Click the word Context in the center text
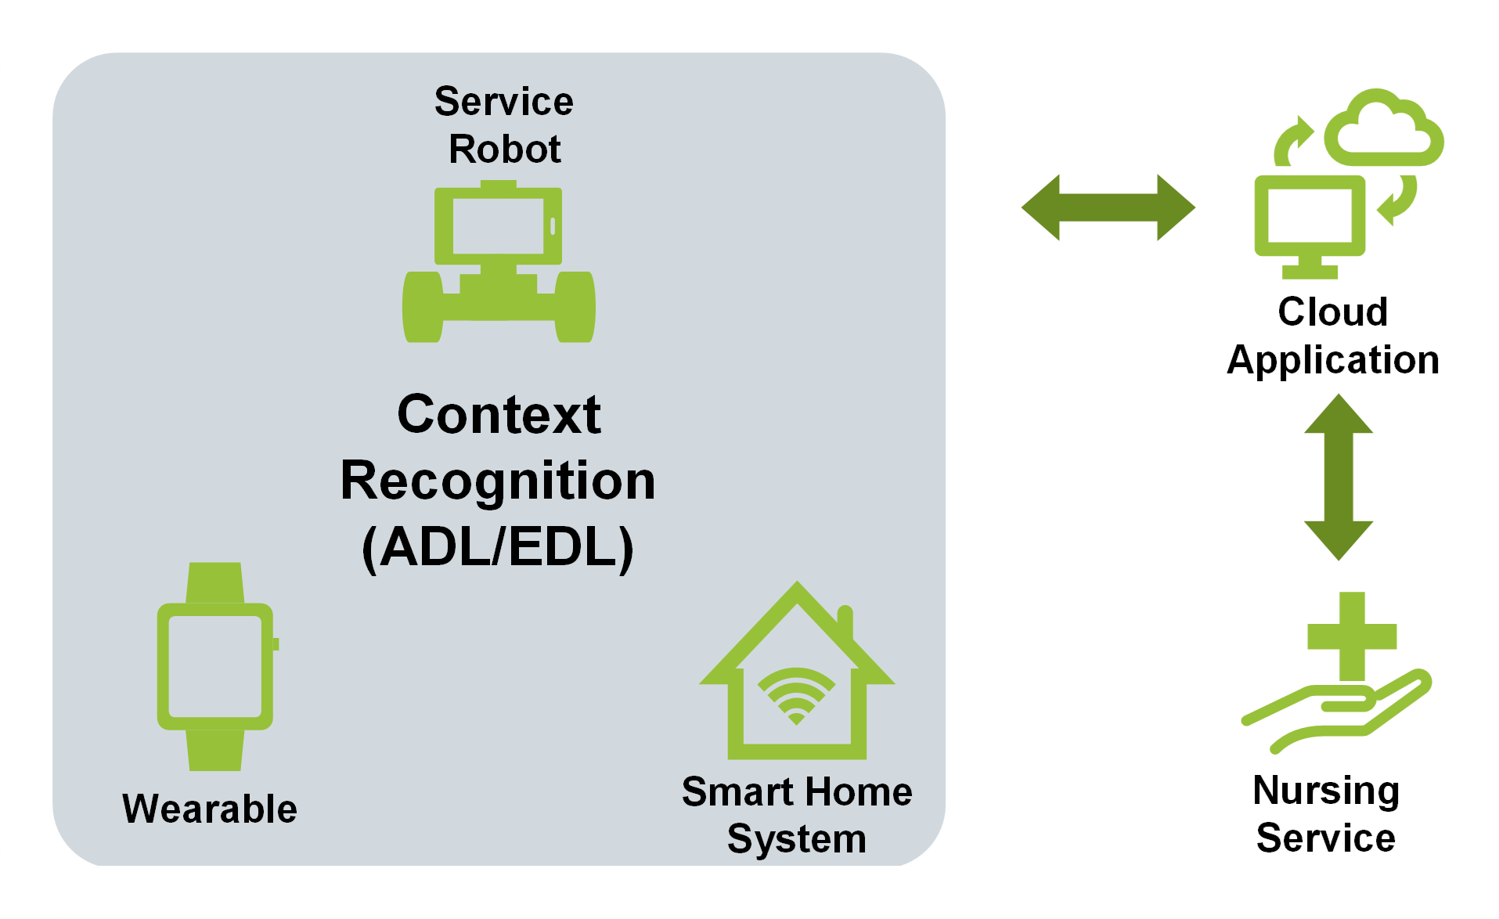pyautogui.click(x=499, y=414)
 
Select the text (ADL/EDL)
pyautogui.click(x=498, y=547)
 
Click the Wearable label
pyautogui.click(x=210, y=809)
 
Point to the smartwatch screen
pyautogui.click(x=215, y=666)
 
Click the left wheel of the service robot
pyautogui.click(x=423, y=307)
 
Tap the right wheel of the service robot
pyautogui.click(x=575, y=307)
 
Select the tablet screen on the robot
pyautogui.click(x=499, y=226)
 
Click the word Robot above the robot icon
pyautogui.click(x=505, y=149)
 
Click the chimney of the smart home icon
pyautogui.click(x=845, y=623)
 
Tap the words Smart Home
pyautogui.click(x=797, y=791)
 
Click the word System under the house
pyautogui.click(x=797, y=838)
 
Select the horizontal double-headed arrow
pyautogui.click(x=1108, y=207)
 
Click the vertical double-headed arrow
pyautogui.click(x=1339, y=477)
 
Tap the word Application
pyautogui.click(x=1333, y=361)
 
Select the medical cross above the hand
pyautogui.click(x=1352, y=636)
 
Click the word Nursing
pyautogui.click(x=1326, y=791)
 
